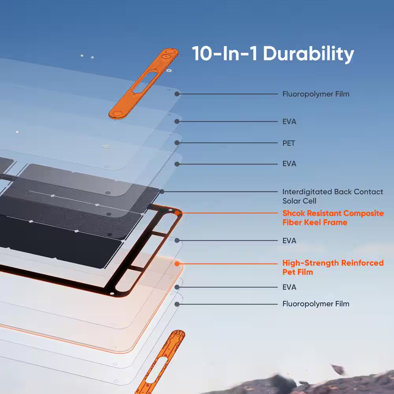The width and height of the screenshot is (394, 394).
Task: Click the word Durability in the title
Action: pos(309,54)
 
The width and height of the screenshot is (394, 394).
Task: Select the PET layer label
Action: pos(289,143)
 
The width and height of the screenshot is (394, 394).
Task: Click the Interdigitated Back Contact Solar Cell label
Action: pos(333,196)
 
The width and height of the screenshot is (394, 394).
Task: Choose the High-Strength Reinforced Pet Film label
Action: pos(333,267)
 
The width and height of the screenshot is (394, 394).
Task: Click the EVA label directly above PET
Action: pos(289,122)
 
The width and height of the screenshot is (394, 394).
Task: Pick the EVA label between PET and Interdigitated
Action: pos(289,164)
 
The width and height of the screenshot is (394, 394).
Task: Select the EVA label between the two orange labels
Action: pos(289,240)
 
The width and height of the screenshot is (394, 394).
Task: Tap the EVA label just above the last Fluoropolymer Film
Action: pos(289,287)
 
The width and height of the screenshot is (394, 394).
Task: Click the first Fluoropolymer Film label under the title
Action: pos(316,94)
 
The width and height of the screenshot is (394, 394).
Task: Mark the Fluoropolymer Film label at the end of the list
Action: pos(316,304)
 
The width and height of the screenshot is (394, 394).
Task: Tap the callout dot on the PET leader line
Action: pos(177,143)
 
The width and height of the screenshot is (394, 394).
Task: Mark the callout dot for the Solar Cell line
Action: pos(162,191)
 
